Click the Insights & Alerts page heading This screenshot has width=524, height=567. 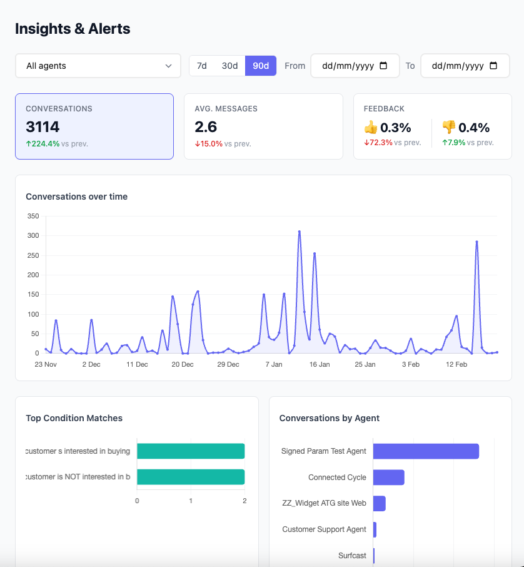point(73,29)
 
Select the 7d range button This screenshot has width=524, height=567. point(202,66)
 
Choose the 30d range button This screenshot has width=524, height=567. point(229,66)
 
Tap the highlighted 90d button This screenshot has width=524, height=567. point(261,66)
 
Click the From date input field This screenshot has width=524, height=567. point(355,66)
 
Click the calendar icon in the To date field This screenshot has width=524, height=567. point(493,66)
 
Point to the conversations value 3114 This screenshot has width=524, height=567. point(43,127)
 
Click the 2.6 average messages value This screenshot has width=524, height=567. point(206,127)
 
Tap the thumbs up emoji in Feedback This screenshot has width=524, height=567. point(371,128)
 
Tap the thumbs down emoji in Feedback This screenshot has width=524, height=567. point(449,128)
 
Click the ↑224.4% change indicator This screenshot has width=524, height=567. point(43,143)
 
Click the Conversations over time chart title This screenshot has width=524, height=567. point(76,197)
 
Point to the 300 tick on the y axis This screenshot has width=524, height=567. point(33,236)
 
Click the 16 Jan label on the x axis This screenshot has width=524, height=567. point(320,364)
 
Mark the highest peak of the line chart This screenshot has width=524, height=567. point(300,232)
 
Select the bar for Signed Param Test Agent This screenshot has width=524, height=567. point(426,451)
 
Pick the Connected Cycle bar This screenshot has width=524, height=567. point(388,478)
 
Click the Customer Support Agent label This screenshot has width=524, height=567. point(324,529)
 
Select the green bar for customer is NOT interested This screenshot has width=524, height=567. point(191,477)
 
